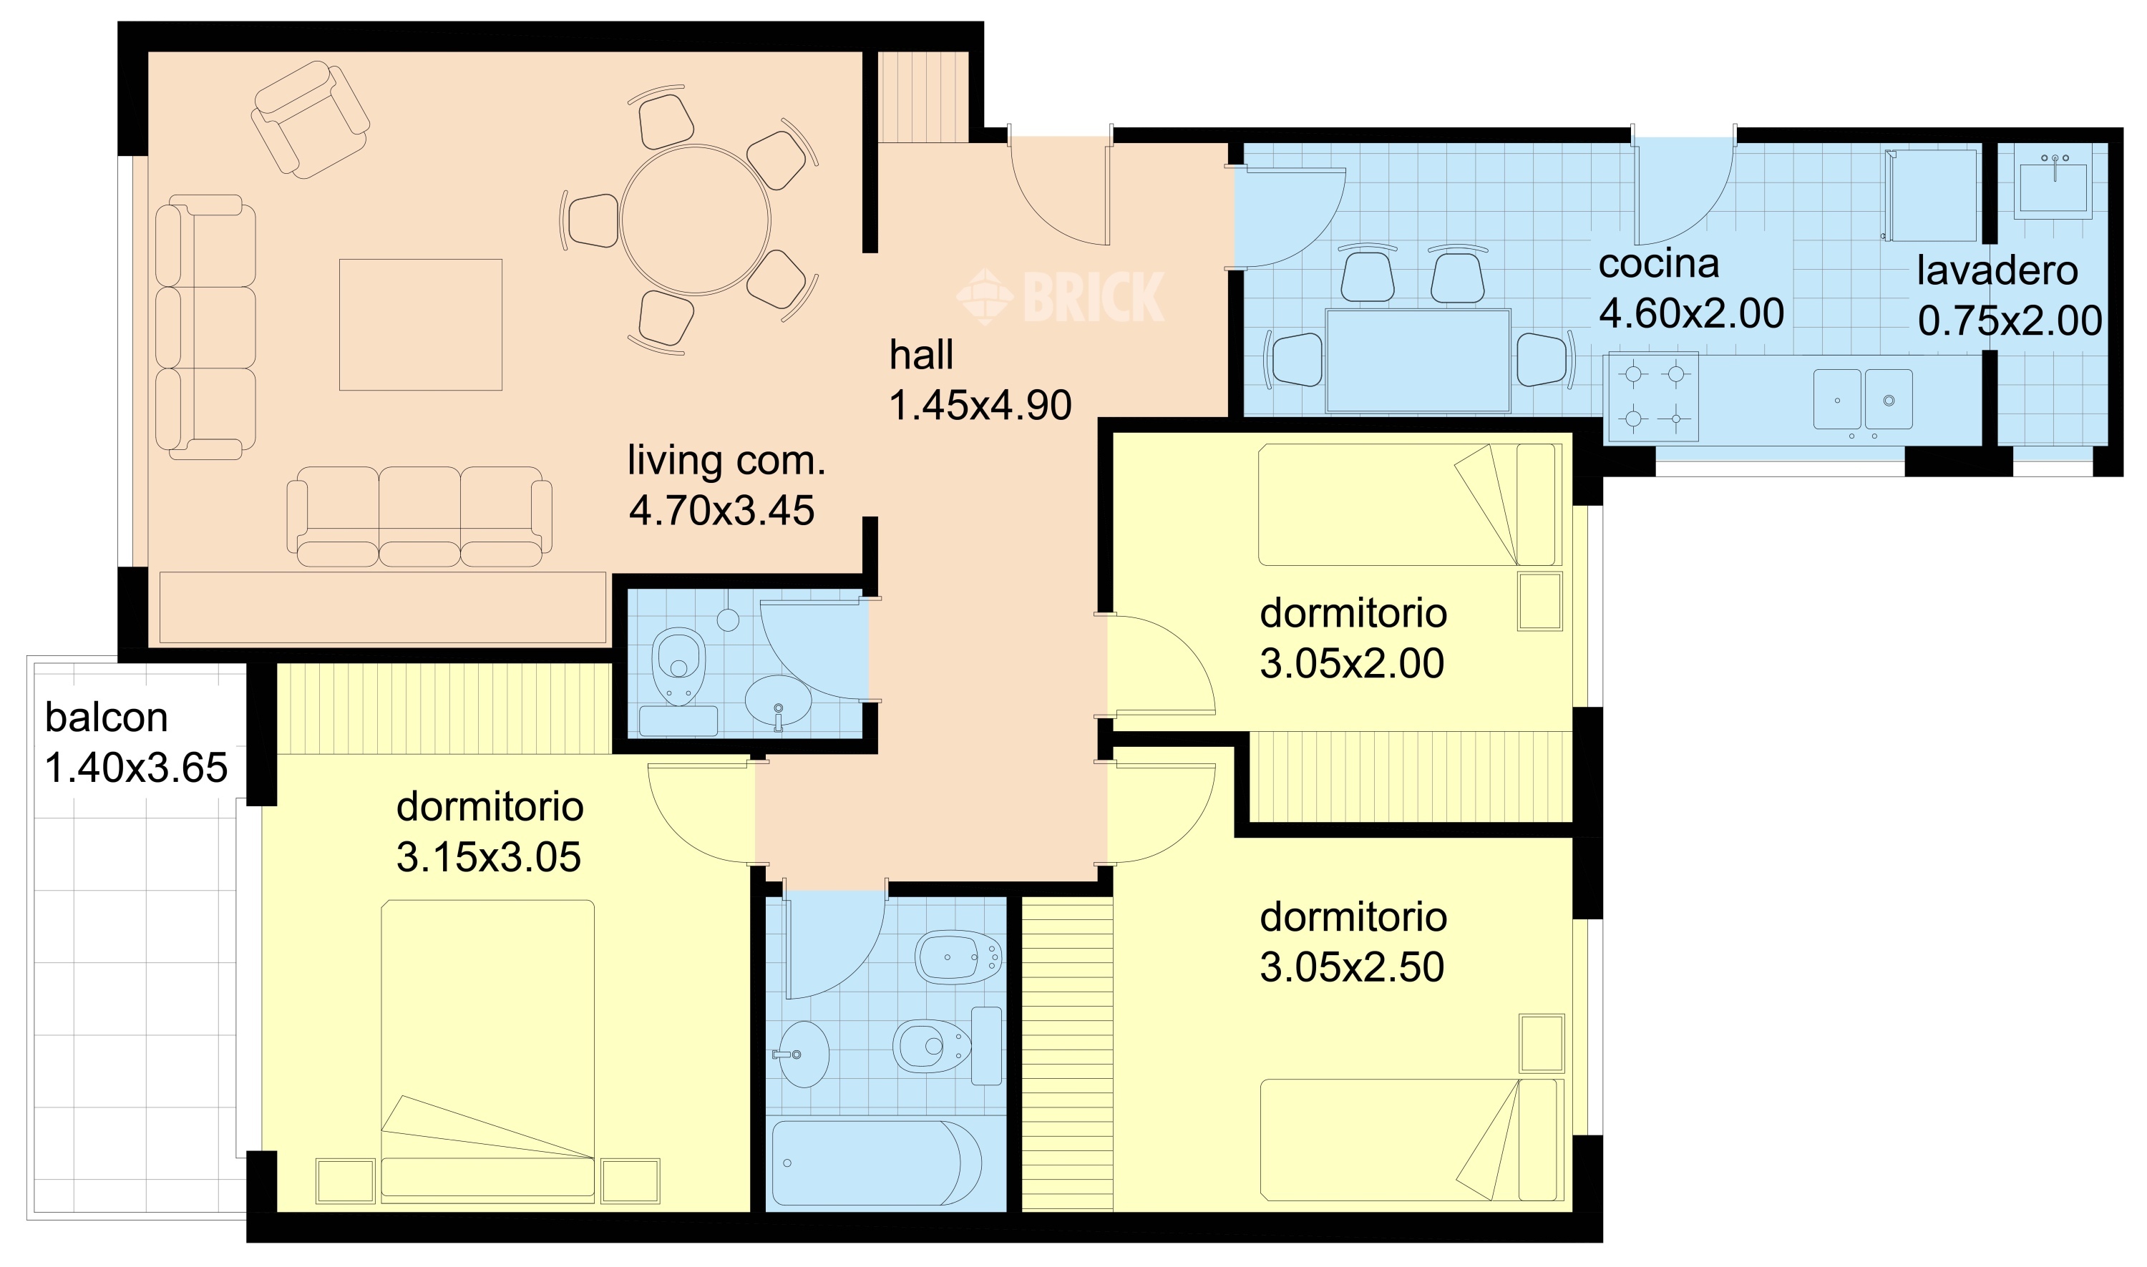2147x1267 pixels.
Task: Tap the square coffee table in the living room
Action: pyautogui.click(x=420, y=324)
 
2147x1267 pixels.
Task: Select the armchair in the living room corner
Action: pyautogui.click(x=310, y=119)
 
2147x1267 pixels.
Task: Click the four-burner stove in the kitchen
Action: pyautogui.click(x=1653, y=397)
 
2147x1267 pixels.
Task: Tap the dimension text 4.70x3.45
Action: pyautogui.click(x=721, y=511)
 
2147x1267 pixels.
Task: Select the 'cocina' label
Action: pyautogui.click(x=1658, y=264)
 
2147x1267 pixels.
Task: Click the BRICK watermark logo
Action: pyautogui.click(x=1060, y=296)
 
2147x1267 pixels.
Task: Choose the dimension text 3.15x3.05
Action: pyautogui.click(x=489, y=857)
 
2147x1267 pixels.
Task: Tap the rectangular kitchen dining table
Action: pyautogui.click(x=1418, y=361)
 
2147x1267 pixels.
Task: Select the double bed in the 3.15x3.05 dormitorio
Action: pyautogui.click(x=487, y=1052)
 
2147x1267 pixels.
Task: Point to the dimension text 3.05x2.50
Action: pyautogui.click(x=1352, y=967)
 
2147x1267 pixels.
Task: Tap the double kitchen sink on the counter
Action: pyautogui.click(x=1863, y=398)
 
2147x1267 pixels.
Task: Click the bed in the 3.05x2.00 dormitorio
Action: pyautogui.click(x=1409, y=504)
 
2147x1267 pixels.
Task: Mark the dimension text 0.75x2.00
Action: pyautogui.click(x=2010, y=321)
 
